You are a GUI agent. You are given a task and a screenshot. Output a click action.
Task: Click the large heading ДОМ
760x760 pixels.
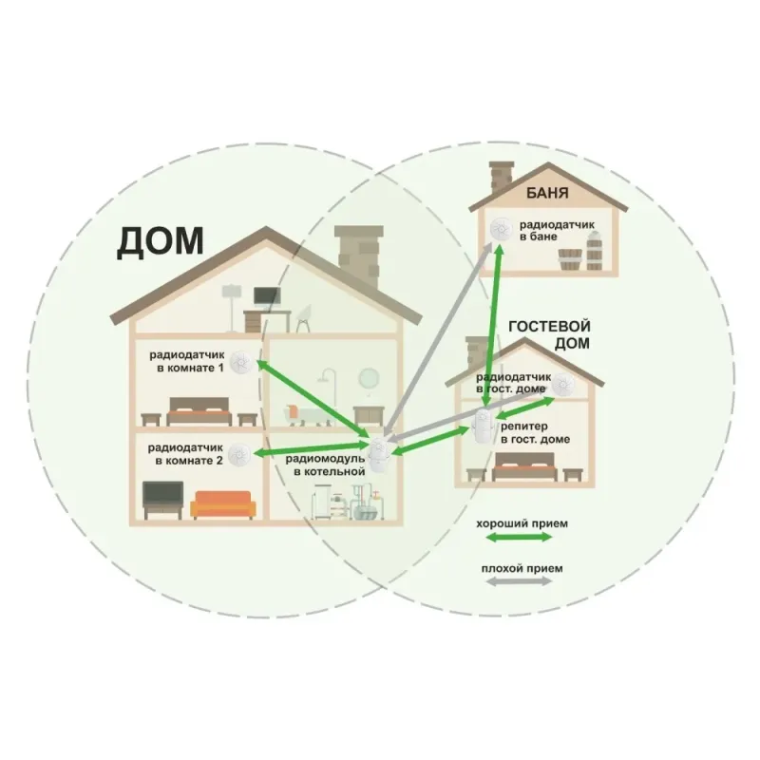[x=160, y=242]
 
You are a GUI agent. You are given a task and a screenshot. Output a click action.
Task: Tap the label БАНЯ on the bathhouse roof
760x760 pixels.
[x=547, y=194]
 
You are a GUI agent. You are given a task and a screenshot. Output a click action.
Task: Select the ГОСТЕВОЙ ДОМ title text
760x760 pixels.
[x=549, y=334]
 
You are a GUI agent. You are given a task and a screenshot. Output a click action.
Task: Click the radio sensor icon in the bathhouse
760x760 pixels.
[x=501, y=229]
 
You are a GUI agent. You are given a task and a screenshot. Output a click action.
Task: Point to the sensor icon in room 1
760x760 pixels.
[x=241, y=362]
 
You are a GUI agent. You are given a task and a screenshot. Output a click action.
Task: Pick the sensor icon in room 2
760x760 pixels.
[x=239, y=455]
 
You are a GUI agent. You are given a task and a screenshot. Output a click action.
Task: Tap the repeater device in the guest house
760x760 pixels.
[x=484, y=426]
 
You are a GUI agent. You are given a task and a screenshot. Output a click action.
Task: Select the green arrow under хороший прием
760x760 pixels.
[x=519, y=537]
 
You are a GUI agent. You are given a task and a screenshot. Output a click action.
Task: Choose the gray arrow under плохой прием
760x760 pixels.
[x=519, y=581]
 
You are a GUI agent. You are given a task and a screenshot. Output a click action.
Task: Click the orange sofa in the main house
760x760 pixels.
[x=223, y=505]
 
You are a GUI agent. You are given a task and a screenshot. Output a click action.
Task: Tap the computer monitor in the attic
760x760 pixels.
[x=267, y=296]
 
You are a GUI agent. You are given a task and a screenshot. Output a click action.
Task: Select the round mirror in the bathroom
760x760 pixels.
[x=369, y=378]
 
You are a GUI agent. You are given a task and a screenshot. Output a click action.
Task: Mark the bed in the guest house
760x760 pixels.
[x=524, y=467]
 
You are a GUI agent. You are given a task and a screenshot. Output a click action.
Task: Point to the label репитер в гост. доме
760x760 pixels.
[x=535, y=433]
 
